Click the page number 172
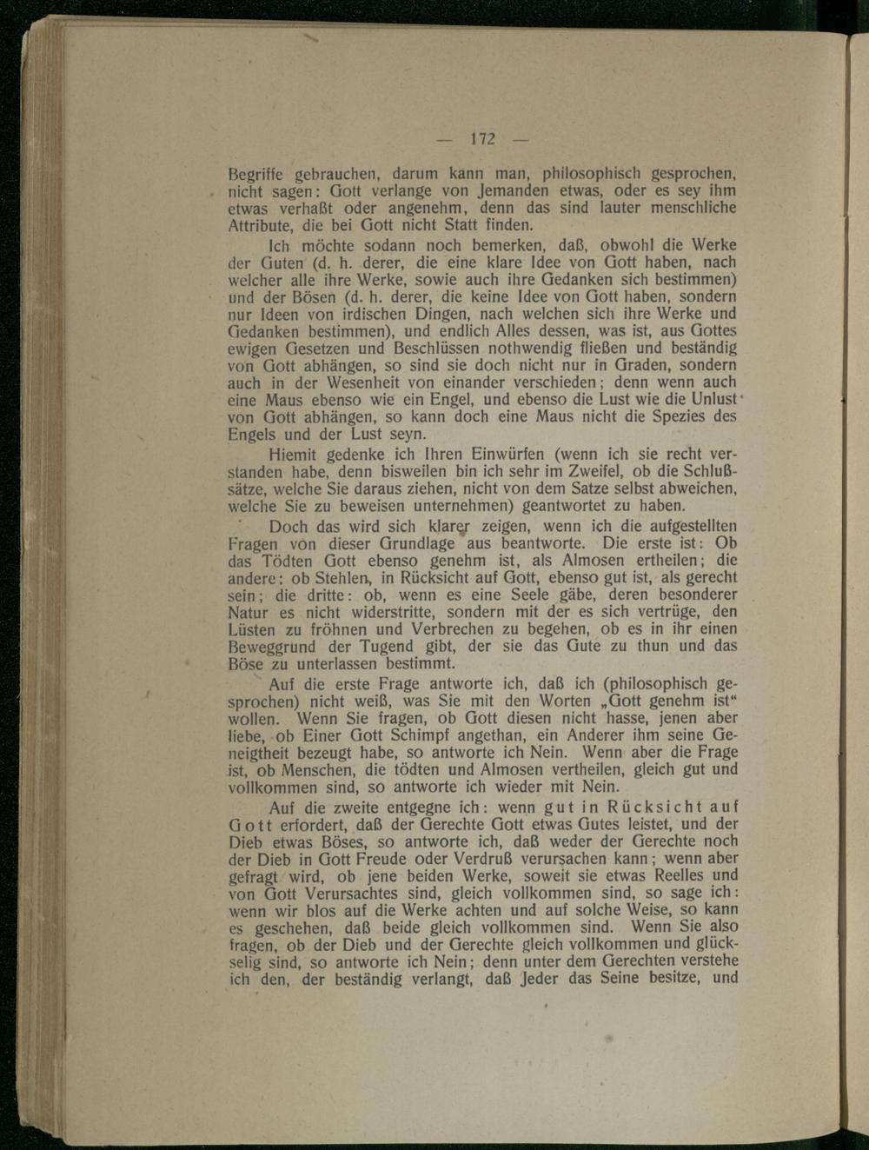pos(482,139)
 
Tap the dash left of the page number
pos(445,139)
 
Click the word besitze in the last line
pos(668,978)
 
